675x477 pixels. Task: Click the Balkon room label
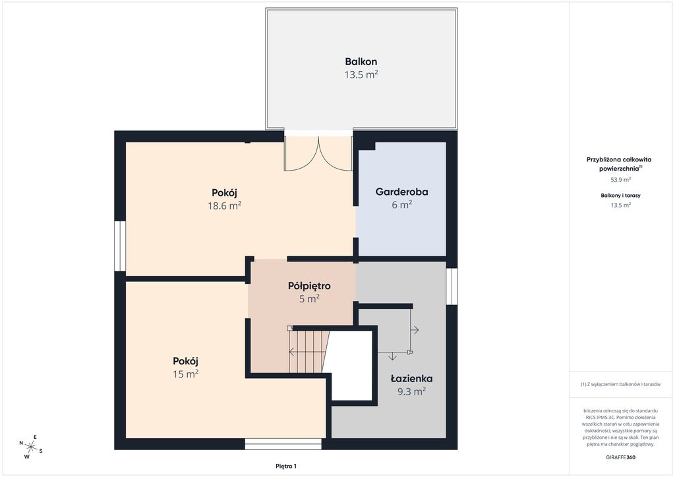361,61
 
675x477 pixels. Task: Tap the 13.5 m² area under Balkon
361,74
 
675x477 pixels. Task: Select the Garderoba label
401,192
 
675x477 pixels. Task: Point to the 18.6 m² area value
224,206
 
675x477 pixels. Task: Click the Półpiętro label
309,286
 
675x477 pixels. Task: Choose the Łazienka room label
411,378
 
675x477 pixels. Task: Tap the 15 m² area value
185,374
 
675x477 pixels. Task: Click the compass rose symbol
30,447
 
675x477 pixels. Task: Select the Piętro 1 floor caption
286,466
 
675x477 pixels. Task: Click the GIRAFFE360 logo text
617,457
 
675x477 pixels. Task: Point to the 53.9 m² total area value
621,180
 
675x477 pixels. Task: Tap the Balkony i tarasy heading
621,195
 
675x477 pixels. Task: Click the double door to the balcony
318,154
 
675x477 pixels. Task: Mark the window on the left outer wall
120,246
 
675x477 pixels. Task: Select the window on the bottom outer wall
283,444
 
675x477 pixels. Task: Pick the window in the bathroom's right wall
452,287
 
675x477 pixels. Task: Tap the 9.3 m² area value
411,391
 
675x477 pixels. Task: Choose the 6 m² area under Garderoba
401,205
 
